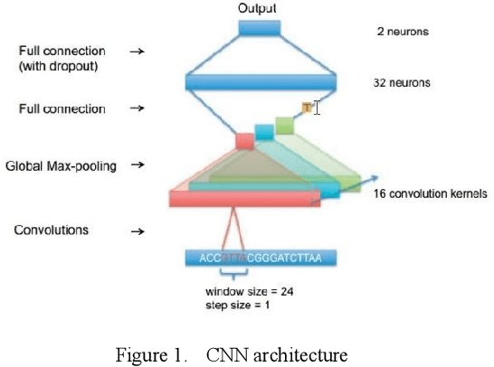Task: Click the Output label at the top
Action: click(x=257, y=8)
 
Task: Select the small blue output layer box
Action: click(x=259, y=29)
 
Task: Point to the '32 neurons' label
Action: click(x=402, y=83)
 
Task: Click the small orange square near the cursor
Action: click(x=307, y=108)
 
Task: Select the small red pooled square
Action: click(x=245, y=141)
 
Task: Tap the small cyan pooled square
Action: click(x=264, y=132)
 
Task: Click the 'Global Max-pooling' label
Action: click(x=61, y=166)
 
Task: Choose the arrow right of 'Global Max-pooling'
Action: click(x=138, y=166)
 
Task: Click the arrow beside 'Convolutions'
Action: click(x=138, y=232)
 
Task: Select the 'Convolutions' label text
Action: click(x=52, y=230)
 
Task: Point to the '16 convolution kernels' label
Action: click(x=431, y=193)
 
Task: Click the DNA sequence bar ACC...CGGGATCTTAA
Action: click(x=260, y=259)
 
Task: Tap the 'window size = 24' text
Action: click(x=248, y=292)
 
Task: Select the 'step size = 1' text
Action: click(x=237, y=305)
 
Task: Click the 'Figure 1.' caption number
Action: click(x=151, y=353)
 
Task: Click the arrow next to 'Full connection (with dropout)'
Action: click(x=138, y=52)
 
